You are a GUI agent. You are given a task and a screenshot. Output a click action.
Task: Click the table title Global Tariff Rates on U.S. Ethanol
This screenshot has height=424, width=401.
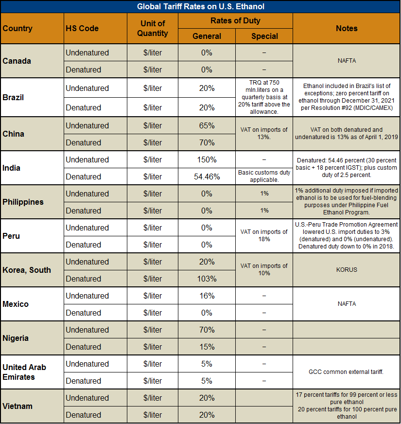coord(200,6)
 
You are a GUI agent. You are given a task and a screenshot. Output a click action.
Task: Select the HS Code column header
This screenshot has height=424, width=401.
coord(82,28)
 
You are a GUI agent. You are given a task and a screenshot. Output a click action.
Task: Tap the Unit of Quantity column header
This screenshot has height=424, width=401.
coord(153,28)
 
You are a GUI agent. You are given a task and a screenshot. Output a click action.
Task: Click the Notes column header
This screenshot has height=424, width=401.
coord(346,28)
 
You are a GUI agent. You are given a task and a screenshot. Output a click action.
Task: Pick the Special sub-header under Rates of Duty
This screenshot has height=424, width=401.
coord(264,36)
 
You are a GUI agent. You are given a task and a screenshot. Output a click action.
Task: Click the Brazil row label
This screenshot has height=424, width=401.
coord(13,97)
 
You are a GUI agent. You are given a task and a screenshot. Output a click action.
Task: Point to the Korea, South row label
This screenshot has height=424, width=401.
coord(27,270)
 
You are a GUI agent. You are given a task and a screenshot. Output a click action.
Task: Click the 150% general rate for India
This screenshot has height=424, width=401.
coord(207,159)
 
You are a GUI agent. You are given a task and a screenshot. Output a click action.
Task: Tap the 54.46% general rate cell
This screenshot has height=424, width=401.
coord(207,177)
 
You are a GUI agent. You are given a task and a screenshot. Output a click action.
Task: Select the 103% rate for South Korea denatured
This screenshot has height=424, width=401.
coord(207,279)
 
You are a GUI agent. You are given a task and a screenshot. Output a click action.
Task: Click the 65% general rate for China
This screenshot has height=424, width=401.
coord(207,125)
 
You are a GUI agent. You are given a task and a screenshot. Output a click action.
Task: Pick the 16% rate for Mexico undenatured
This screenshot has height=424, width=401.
coord(207,296)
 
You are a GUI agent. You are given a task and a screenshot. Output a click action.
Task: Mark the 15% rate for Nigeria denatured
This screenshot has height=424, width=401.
coord(207,347)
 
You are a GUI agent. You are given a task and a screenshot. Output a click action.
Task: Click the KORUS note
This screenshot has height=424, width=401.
coord(346,270)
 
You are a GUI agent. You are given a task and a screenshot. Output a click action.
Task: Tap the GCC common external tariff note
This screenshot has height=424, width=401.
coord(346,372)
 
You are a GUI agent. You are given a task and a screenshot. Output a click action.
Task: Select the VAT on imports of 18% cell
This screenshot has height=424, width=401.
coord(264,235)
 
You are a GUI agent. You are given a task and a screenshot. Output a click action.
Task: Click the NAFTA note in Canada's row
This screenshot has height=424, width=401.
coord(346,61)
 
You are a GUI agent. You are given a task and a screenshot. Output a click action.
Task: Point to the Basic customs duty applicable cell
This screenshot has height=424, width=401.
coord(264,176)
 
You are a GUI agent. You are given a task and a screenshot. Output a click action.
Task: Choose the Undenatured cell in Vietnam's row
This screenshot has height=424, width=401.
coord(87,398)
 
